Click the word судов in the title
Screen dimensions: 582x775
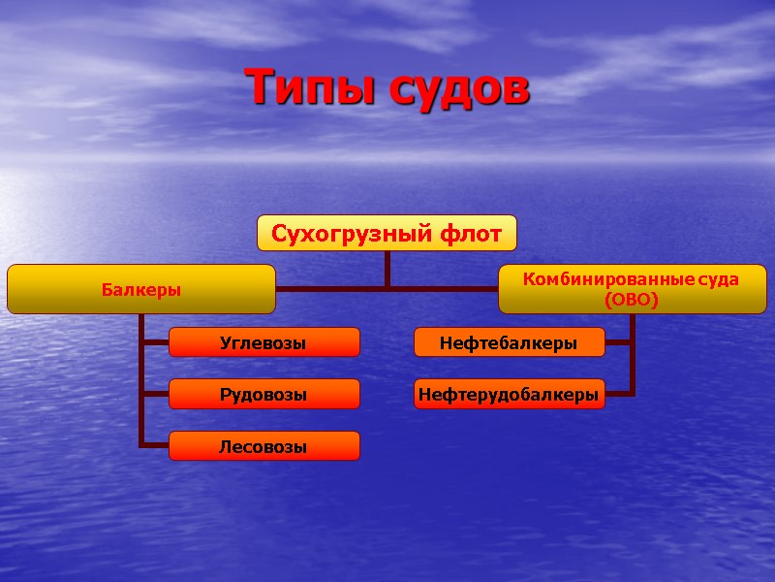pyautogui.click(x=459, y=88)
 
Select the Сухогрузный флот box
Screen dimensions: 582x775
pyautogui.click(x=387, y=233)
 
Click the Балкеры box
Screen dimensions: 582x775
pyautogui.click(x=141, y=289)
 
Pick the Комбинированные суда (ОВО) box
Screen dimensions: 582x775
pyautogui.click(x=631, y=290)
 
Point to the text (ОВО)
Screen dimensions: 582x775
pyautogui.click(x=631, y=301)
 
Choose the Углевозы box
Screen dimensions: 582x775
pyautogui.click(x=263, y=342)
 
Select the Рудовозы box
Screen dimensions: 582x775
pyautogui.click(x=263, y=394)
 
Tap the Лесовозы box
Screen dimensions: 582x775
pyautogui.click(x=263, y=446)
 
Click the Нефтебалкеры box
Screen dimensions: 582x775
pyautogui.click(x=509, y=342)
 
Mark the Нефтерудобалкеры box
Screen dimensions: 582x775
pyautogui.click(x=509, y=394)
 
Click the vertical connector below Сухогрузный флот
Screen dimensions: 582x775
pyautogui.click(x=387, y=269)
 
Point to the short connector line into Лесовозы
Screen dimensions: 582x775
pyautogui.click(x=155, y=446)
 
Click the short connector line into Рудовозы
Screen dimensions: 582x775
pyautogui.click(x=155, y=394)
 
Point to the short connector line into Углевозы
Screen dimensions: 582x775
pyautogui.click(x=155, y=342)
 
